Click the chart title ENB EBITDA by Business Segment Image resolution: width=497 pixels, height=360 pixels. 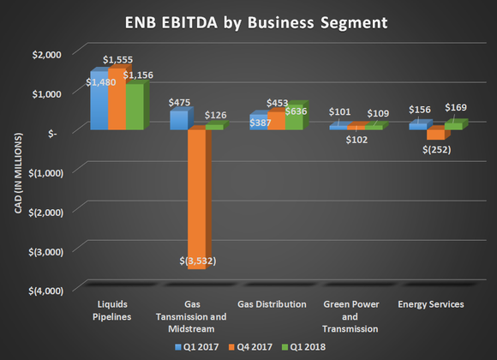pos(248,21)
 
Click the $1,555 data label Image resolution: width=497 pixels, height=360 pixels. pos(118,60)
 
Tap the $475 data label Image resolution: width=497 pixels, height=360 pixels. pos(178,102)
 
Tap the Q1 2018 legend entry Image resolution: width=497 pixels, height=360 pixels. pos(313,347)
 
